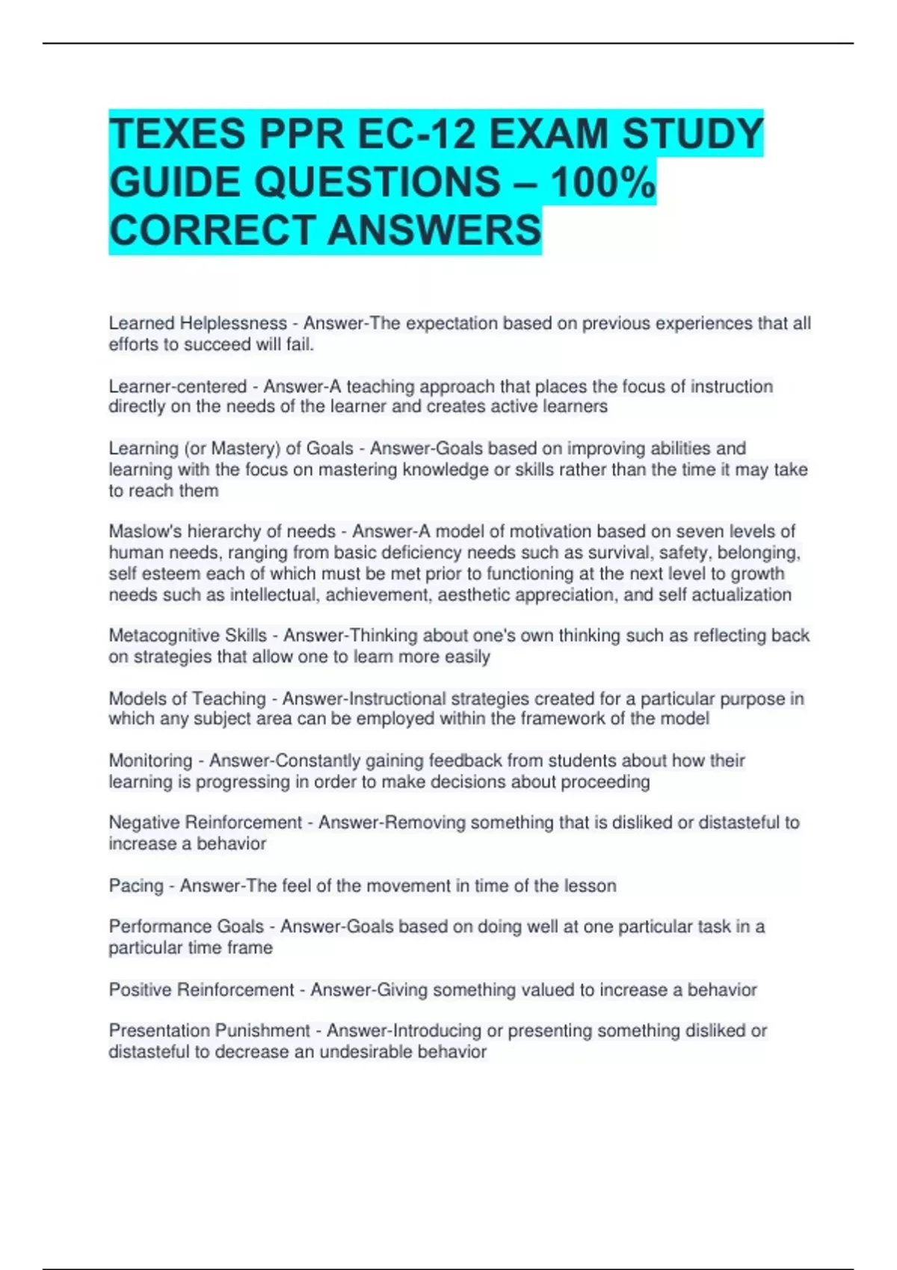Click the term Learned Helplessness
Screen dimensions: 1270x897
197,323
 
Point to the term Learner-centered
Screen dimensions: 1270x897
177,386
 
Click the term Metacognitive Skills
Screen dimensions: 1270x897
188,636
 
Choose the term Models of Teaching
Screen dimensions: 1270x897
187,698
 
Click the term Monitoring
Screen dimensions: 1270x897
150,761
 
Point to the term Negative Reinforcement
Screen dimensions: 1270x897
206,823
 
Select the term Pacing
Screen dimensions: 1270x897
135,886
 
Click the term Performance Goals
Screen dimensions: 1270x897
186,926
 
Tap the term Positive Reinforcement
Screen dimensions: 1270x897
201,990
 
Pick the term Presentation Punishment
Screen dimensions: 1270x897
209,1031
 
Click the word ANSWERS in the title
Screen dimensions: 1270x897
434,229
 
